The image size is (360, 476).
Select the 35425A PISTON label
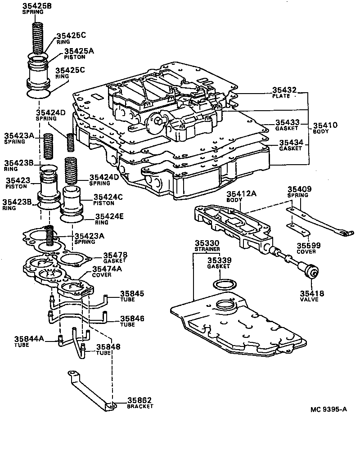pyautogui.click(x=79, y=54)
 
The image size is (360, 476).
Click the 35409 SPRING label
pyautogui.click(x=299, y=192)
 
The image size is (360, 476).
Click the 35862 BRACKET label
pyautogui.click(x=139, y=403)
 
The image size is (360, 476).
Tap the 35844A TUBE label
pyautogui.click(x=28, y=341)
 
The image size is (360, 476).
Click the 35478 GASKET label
pyautogui.click(x=115, y=257)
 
